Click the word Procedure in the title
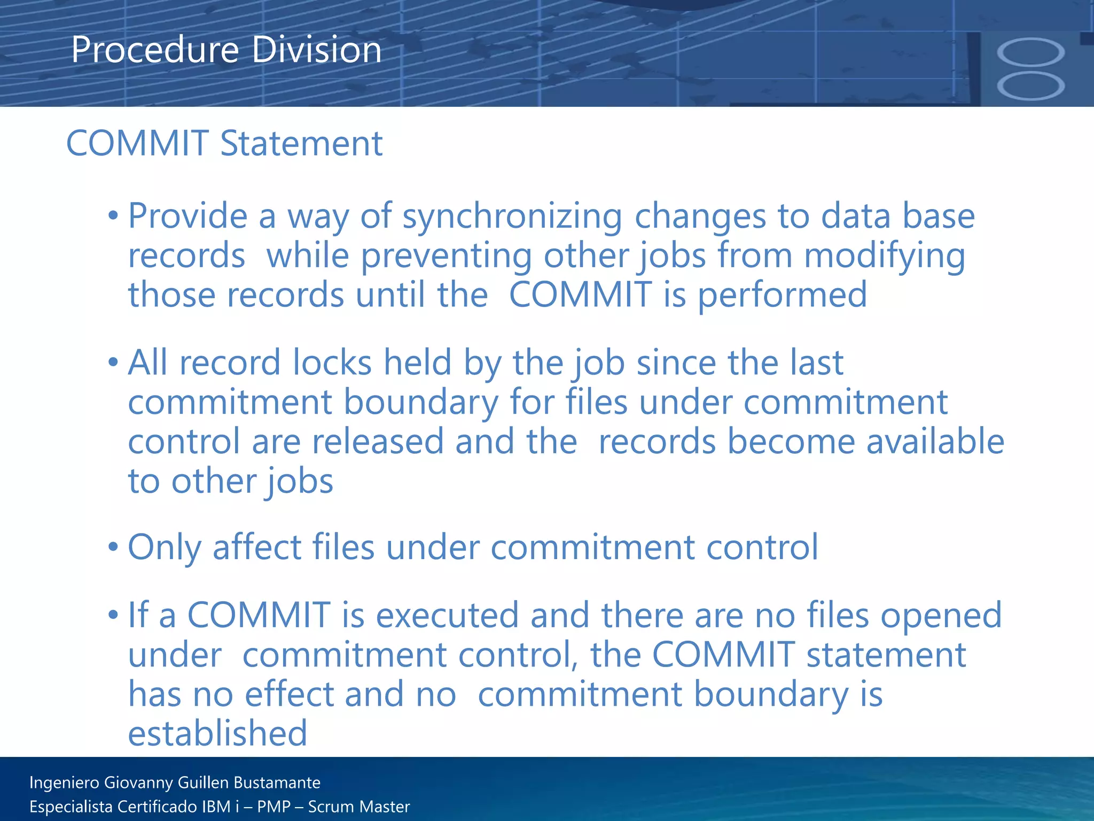155,50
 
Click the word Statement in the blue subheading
301,144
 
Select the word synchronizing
512,216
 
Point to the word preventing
446,255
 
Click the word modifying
885,255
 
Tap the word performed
782,295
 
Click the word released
378,442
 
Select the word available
935,442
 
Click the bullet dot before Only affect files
113,547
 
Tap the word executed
447,615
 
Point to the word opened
941,615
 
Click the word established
217,733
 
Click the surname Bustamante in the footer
277,783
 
